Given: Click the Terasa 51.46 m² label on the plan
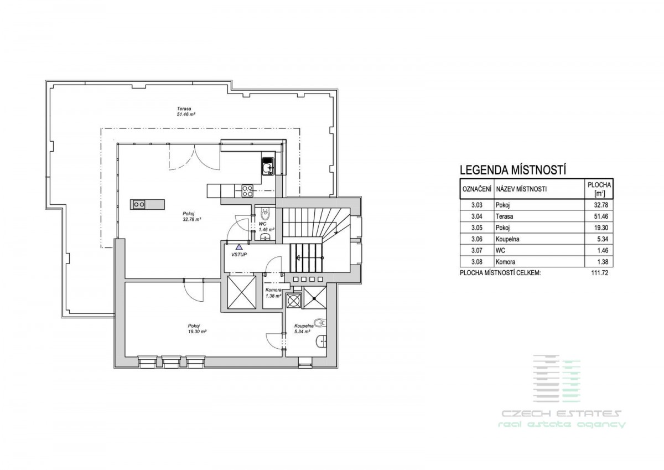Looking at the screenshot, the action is tap(186, 111).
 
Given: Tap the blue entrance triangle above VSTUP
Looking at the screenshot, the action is tap(239, 247).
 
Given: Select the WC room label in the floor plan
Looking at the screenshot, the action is tap(266, 227).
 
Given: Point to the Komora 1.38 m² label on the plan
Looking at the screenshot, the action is tap(273, 293).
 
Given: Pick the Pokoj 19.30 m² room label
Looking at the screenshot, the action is tap(197, 328).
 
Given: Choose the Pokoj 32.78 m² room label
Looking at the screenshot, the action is tap(192, 216).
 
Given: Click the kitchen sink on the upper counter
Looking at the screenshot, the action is tap(268, 167).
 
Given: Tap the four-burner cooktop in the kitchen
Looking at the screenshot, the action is tap(247, 190).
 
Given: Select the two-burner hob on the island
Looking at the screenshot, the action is tap(139, 204).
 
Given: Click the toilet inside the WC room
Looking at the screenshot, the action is tap(265, 214).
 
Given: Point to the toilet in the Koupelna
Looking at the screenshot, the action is tap(320, 323).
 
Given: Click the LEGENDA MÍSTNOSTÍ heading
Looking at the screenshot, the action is tap(513, 170).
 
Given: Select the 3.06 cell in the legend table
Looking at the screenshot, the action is tap(477, 239).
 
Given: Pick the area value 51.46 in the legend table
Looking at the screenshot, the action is tap(601, 216).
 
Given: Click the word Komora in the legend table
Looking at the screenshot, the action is tap(505, 262).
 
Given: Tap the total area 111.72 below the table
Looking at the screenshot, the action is tap(600, 273).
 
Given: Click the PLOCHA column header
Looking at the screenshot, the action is tap(599, 185).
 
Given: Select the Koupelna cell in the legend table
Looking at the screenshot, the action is tap(507, 239).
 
